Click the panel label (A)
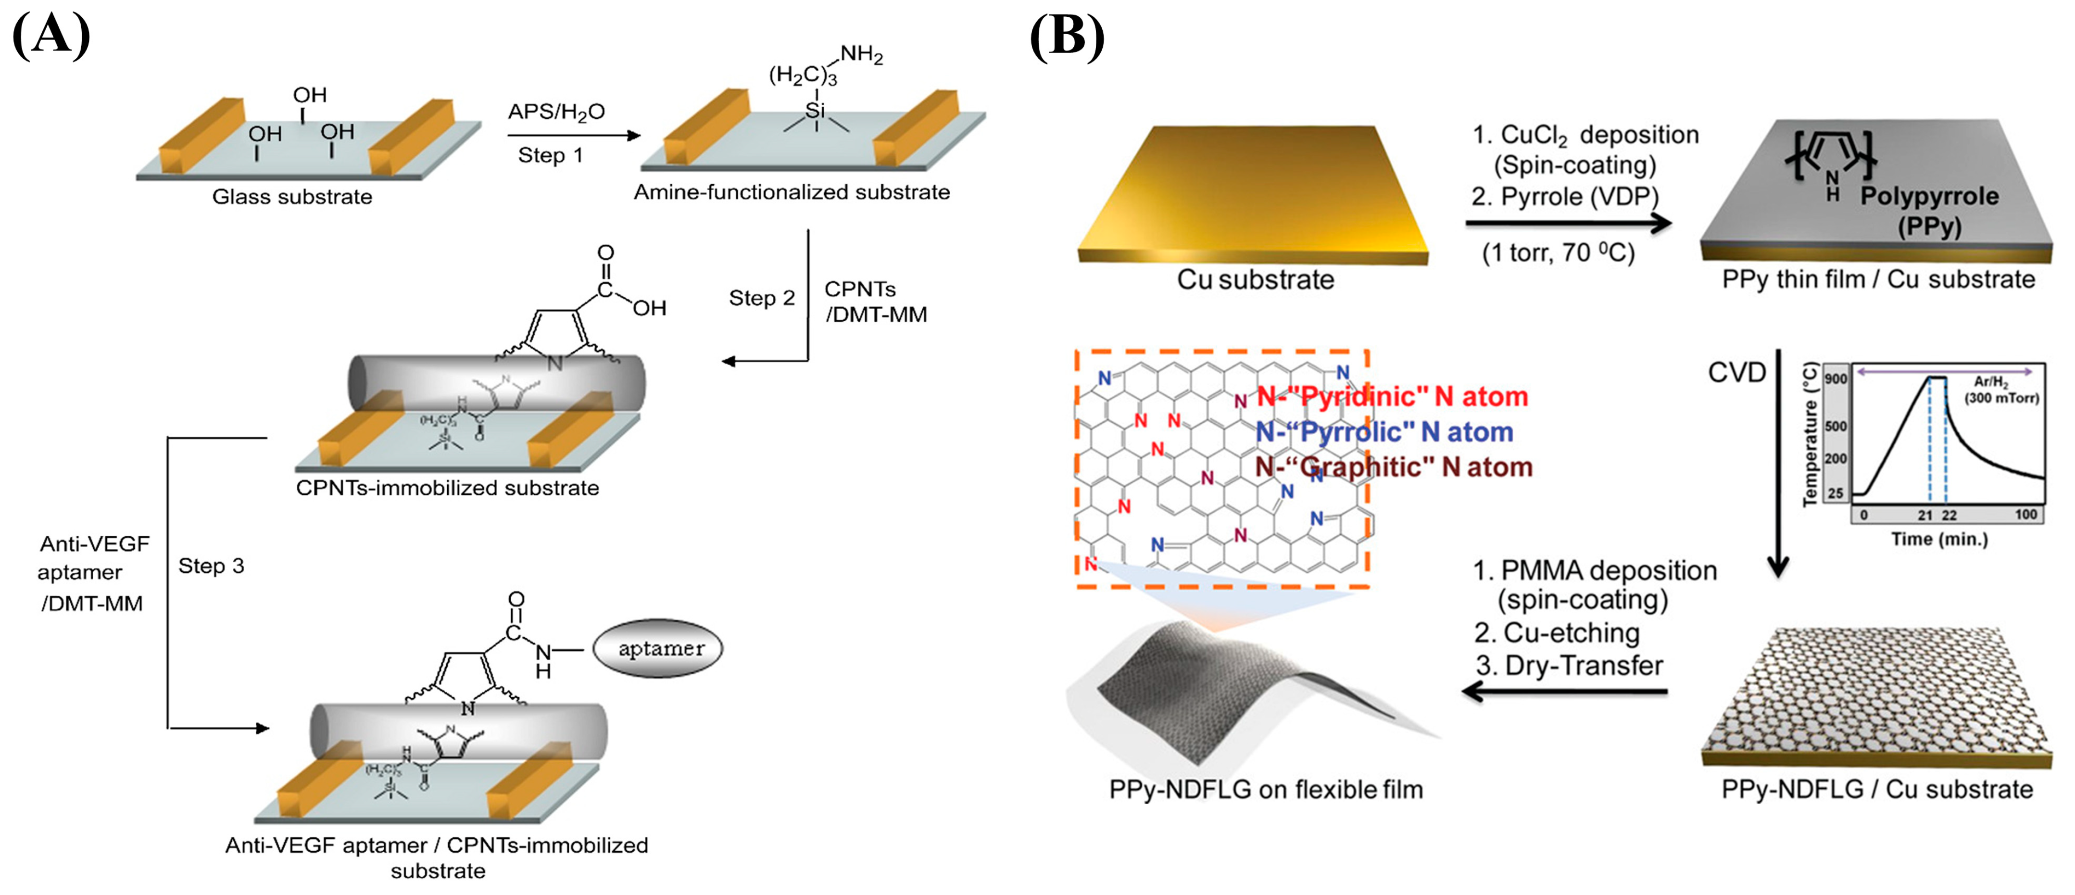click(x=51, y=36)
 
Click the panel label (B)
click(x=1067, y=36)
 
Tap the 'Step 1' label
click(x=550, y=155)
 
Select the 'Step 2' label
click(x=761, y=298)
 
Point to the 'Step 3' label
click(x=211, y=567)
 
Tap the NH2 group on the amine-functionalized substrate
click(x=861, y=55)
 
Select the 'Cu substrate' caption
click(x=1255, y=279)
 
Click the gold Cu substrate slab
click(x=1253, y=193)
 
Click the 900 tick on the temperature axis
click(x=1836, y=378)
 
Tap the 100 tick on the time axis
click(x=2026, y=515)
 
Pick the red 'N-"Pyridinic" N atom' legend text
click(x=1392, y=396)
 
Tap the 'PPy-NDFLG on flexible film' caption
click(x=1266, y=790)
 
